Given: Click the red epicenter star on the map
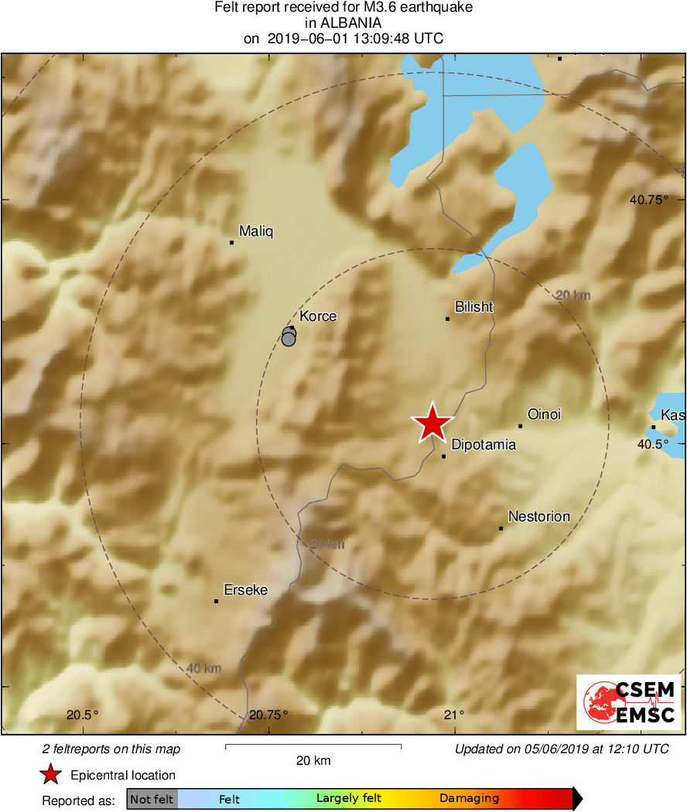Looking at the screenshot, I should tap(432, 423).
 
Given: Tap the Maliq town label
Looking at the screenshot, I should tap(256, 231).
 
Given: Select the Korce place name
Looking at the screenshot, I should tap(318, 316).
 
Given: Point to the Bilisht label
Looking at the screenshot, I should tap(474, 307).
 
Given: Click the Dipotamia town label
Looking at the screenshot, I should tap(483, 445).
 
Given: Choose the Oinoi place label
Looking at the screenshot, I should tap(544, 415).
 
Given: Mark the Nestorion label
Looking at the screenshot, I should tap(538, 517).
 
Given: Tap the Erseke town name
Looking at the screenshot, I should tap(245, 590).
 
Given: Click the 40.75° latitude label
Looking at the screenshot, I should tap(648, 200).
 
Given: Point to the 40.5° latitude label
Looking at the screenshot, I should tap(652, 444).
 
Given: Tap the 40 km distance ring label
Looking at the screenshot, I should tap(204, 668).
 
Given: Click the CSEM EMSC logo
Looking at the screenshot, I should tap(629, 702).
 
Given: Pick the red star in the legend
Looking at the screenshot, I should tap(51, 775).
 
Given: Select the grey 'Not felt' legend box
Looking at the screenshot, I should tap(152, 799).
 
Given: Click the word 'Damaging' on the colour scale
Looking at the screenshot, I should tap(469, 799).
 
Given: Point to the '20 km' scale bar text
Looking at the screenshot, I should tap(313, 760).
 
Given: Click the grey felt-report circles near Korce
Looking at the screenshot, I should tap(289, 336).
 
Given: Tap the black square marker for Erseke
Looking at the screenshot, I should tap(217, 601).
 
